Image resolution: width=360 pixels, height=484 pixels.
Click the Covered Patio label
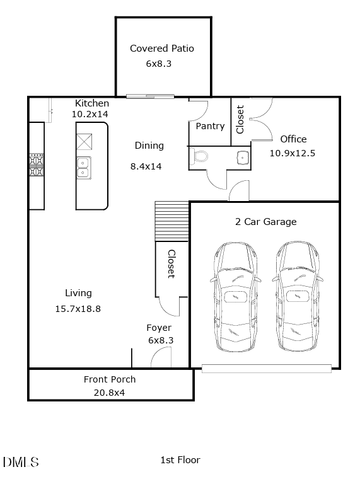(x=162, y=49)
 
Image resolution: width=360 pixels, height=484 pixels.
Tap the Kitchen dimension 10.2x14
(x=90, y=115)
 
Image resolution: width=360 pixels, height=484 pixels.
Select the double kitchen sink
(x=84, y=168)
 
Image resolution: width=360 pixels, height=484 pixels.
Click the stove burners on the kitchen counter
(x=36, y=164)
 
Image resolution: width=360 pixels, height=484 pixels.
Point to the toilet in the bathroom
(x=200, y=156)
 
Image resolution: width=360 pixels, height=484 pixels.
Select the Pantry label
(x=210, y=126)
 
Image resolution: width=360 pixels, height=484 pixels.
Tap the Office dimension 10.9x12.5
(x=293, y=153)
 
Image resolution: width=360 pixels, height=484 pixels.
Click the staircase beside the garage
(x=172, y=221)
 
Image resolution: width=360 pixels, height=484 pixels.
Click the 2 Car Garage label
(x=265, y=222)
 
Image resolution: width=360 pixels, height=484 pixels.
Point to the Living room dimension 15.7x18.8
(x=78, y=309)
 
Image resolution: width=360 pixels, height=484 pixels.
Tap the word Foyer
(x=159, y=328)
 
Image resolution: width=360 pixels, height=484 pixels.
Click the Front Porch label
(x=110, y=379)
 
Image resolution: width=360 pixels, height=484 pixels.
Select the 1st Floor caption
(x=180, y=460)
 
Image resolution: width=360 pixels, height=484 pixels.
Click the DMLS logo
(x=21, y=462)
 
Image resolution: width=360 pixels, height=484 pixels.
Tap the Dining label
(x=149, y=146)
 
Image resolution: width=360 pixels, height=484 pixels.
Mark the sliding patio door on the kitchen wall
(x=150, y=96)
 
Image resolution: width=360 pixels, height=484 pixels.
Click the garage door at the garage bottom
(x=266, y=369)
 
